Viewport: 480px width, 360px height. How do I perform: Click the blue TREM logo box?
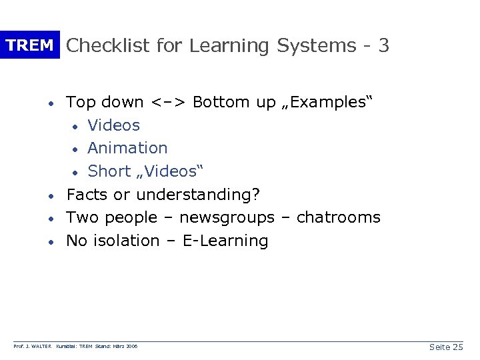pyautogui.click(x=29, y=45)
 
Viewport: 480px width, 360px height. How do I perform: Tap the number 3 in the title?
pyautogui.click(x=383, y=45)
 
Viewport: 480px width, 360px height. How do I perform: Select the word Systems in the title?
pyautogui.click(x=316, y=45)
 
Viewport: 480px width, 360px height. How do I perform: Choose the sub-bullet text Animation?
pyautogui.click(x=127, y=148)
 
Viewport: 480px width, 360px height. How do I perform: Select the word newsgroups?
pyautogui.click(x=226, y=218)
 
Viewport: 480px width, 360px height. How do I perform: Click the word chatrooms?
pyautogui.click(x=338, y=218)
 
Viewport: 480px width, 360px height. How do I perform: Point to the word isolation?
pyautogui.click(x=125, y=241)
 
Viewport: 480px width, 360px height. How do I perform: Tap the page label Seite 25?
pyautogui.click(x=445, y=347)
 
